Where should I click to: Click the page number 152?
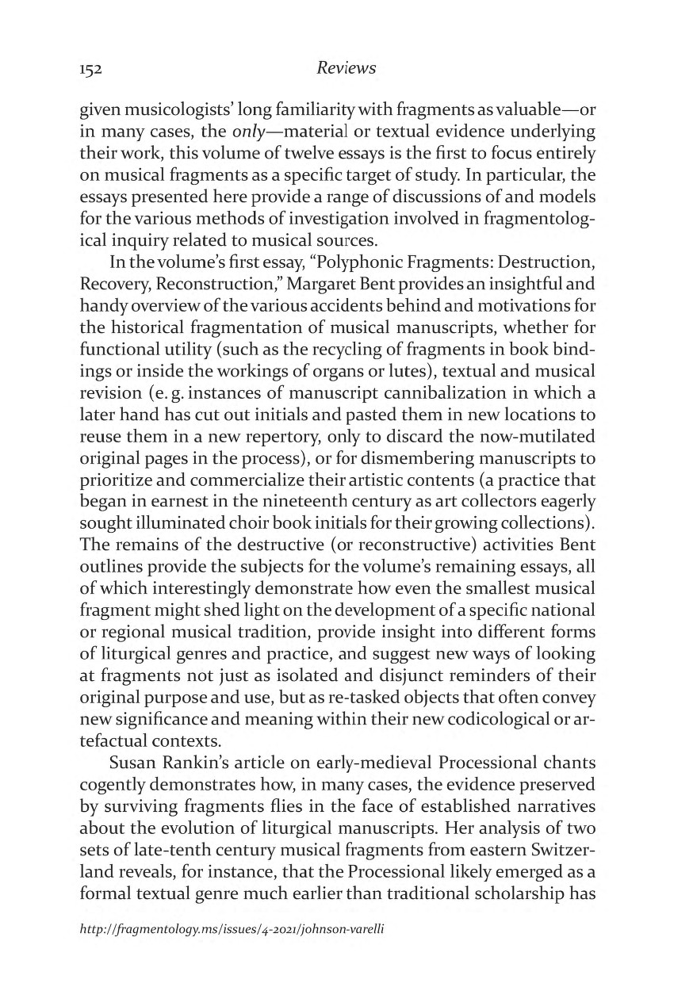click(94, 68)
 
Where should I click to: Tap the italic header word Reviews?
click(346, 67)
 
